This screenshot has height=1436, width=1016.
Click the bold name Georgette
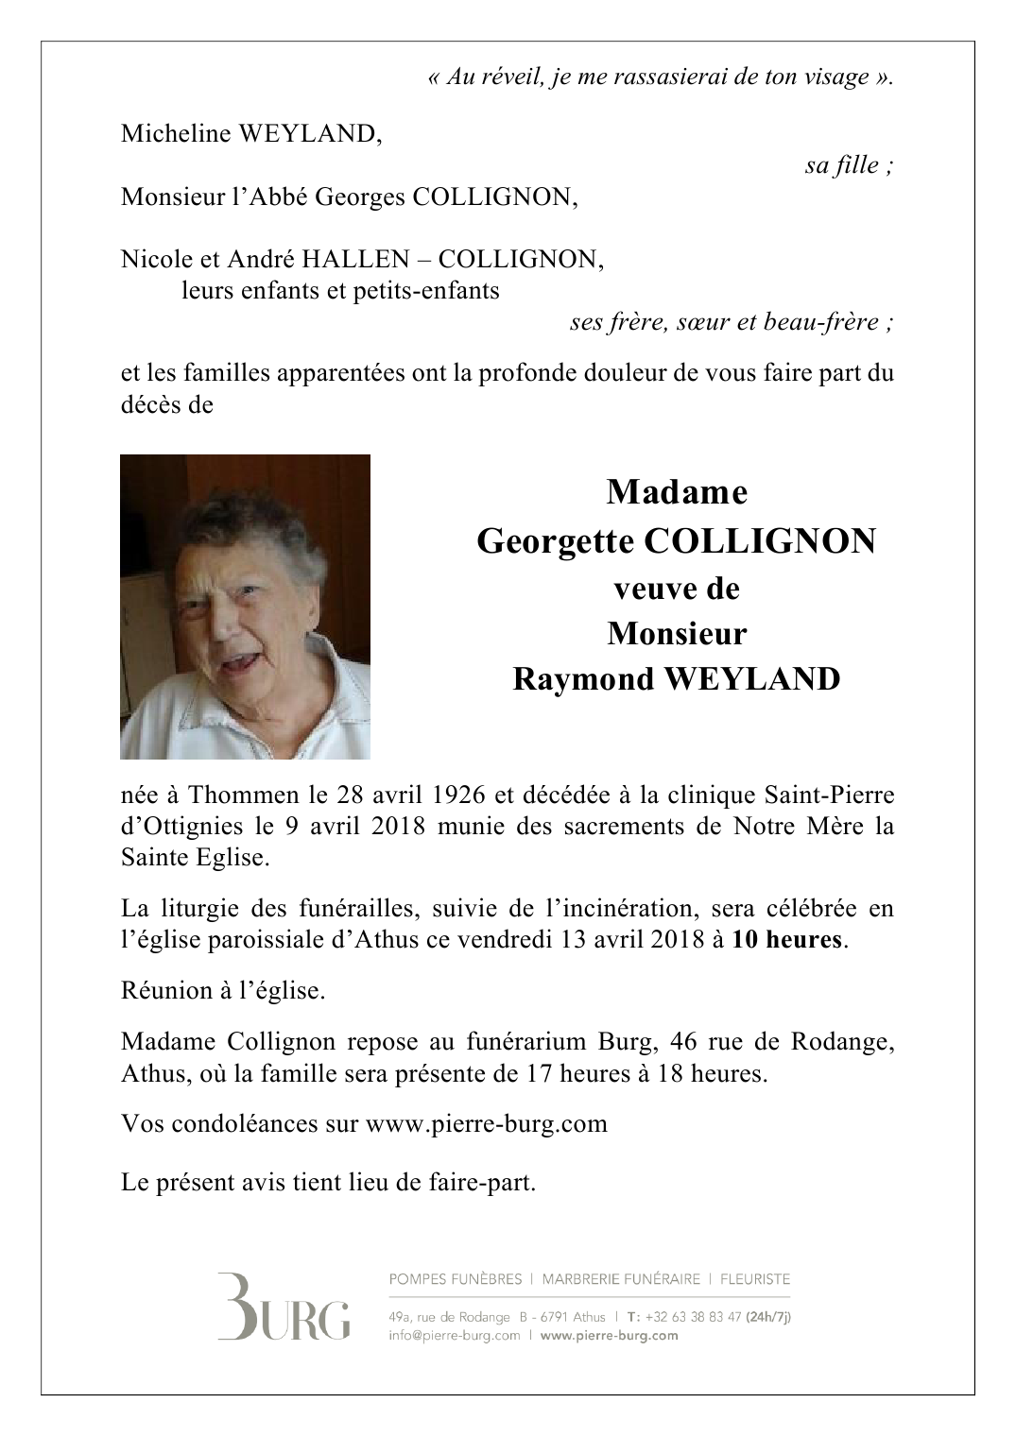click(x=556, y=541)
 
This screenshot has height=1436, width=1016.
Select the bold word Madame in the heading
click(x=677, y=491)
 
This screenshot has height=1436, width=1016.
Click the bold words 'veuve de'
click(x=677, y=589)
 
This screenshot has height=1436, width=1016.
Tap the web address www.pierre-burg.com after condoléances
click(x=486, y=1124)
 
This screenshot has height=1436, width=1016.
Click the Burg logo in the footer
click(x=284, y=1308)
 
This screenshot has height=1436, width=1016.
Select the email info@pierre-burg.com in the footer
click(x=454, y=1336)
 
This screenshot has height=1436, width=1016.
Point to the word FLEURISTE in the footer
click(x=754, y=1279)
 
